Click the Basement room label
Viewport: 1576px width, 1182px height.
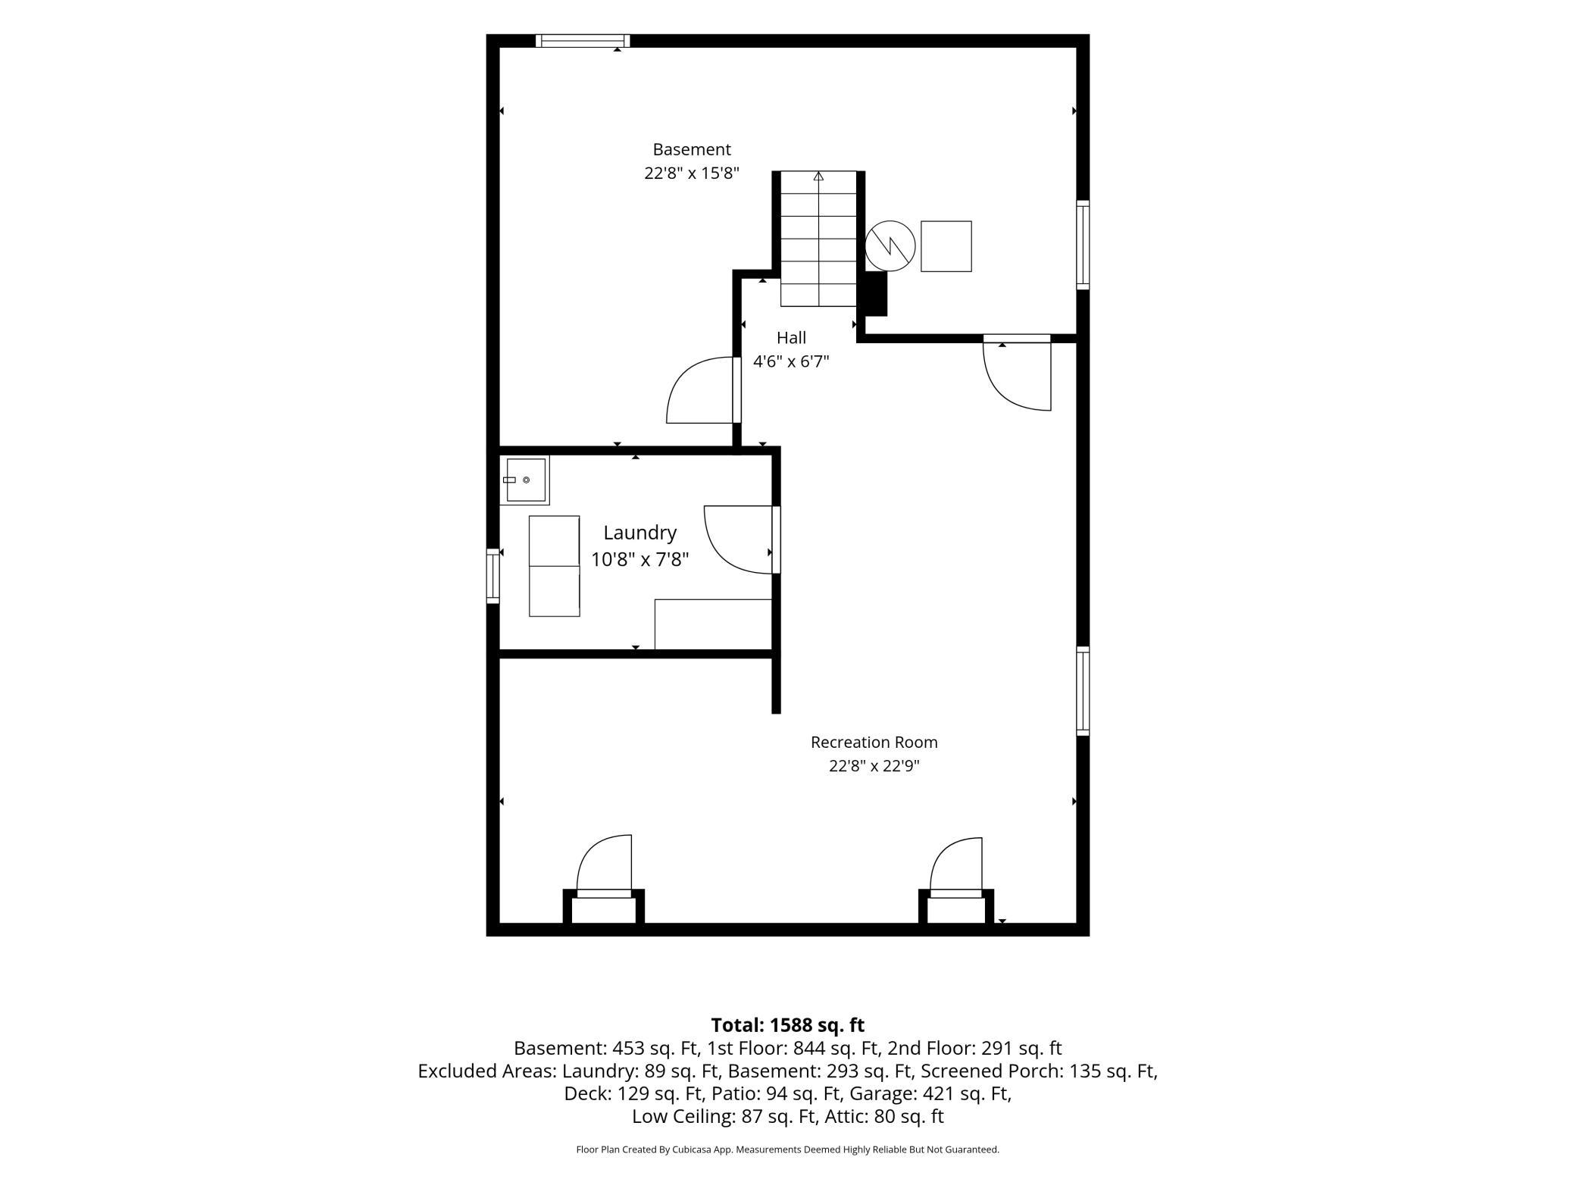pos(692,149)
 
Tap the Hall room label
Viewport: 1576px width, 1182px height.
pos(791,338)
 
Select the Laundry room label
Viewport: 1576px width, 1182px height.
pos(639,533)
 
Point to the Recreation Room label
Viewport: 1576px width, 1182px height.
pos(874,743)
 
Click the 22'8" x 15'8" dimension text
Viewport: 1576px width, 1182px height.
pos(692,174)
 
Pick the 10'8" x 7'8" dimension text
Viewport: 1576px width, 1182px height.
pos(639,560)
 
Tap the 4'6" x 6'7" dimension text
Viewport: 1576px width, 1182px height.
pos(791,361)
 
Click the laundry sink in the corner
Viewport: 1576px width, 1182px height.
pos(524,480)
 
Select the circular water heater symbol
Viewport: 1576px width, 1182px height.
pos(890,245)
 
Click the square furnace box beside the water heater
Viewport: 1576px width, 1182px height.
pos(946,246)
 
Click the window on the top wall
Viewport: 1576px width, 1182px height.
pos(583,41)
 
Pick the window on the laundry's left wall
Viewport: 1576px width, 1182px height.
pos(493,576)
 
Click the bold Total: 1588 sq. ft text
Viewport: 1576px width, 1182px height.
pos(788,1025)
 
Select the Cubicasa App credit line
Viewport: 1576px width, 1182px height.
pos(788,1149)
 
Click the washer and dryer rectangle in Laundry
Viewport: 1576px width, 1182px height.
pos(555,566)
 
